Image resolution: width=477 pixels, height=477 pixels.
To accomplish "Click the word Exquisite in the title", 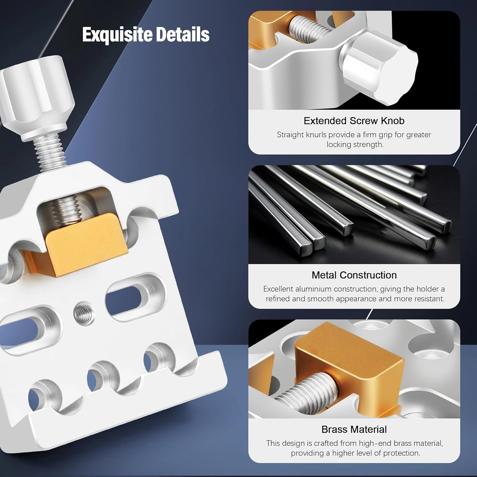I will [x=118, y=35].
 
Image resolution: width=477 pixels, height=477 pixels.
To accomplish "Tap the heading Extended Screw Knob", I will [x=354, y=121].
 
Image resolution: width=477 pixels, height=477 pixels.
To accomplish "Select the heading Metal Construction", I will [x=354, y=275].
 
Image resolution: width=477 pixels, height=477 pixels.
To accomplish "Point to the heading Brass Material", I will [x=354, y=429].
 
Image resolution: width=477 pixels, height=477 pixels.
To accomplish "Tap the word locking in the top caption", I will [x=337, y=145].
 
